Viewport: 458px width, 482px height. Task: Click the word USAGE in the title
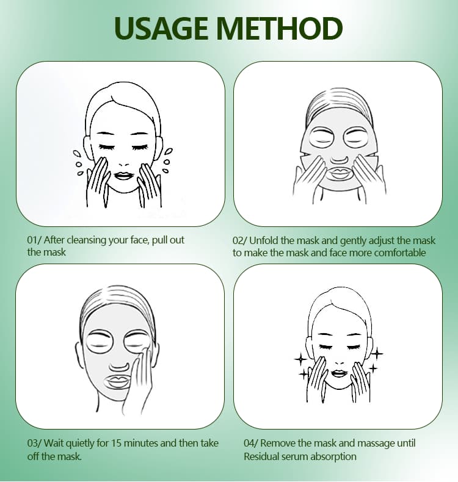tap(161, 29)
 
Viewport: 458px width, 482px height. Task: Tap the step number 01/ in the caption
tap(34, 240)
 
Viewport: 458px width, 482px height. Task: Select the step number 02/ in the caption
tap(239, 240)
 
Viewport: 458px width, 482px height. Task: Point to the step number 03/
tap(34, 444)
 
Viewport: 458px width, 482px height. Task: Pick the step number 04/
tap(251, 444)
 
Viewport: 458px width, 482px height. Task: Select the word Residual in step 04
tap(262, 456)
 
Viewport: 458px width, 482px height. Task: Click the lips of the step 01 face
tap(123, 176)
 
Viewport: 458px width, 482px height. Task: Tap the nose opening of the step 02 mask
tap(339, 159)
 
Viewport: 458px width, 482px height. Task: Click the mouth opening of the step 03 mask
tap(118, 383)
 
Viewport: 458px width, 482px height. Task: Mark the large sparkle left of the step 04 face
tap(300, 359)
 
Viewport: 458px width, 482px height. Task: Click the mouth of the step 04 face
tap(339, 373)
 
